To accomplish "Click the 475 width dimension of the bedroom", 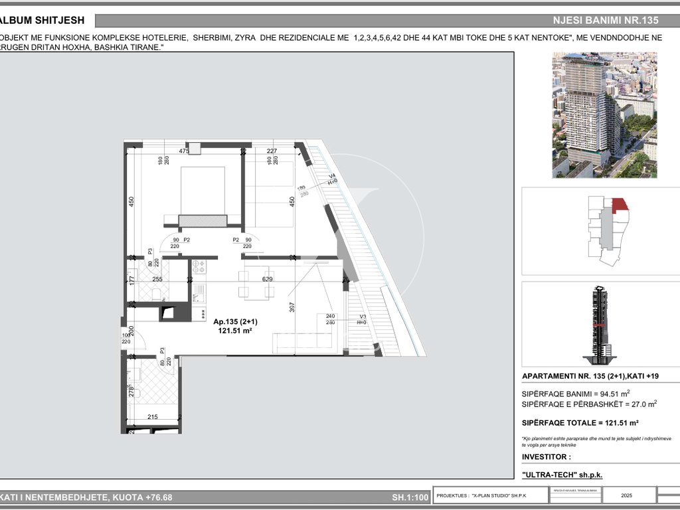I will tap(184, 151).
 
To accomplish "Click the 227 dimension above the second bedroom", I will tap(272, 151).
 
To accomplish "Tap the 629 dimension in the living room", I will tap(268, 280).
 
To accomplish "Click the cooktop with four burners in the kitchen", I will tap(199, 268).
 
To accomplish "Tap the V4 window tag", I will tap(332, 177).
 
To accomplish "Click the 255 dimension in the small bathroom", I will tap(157, 280).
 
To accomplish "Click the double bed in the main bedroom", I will tap(203, 196).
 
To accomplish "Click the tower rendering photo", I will tap(604, 115).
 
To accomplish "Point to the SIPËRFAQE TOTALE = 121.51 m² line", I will tap(580, 422).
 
